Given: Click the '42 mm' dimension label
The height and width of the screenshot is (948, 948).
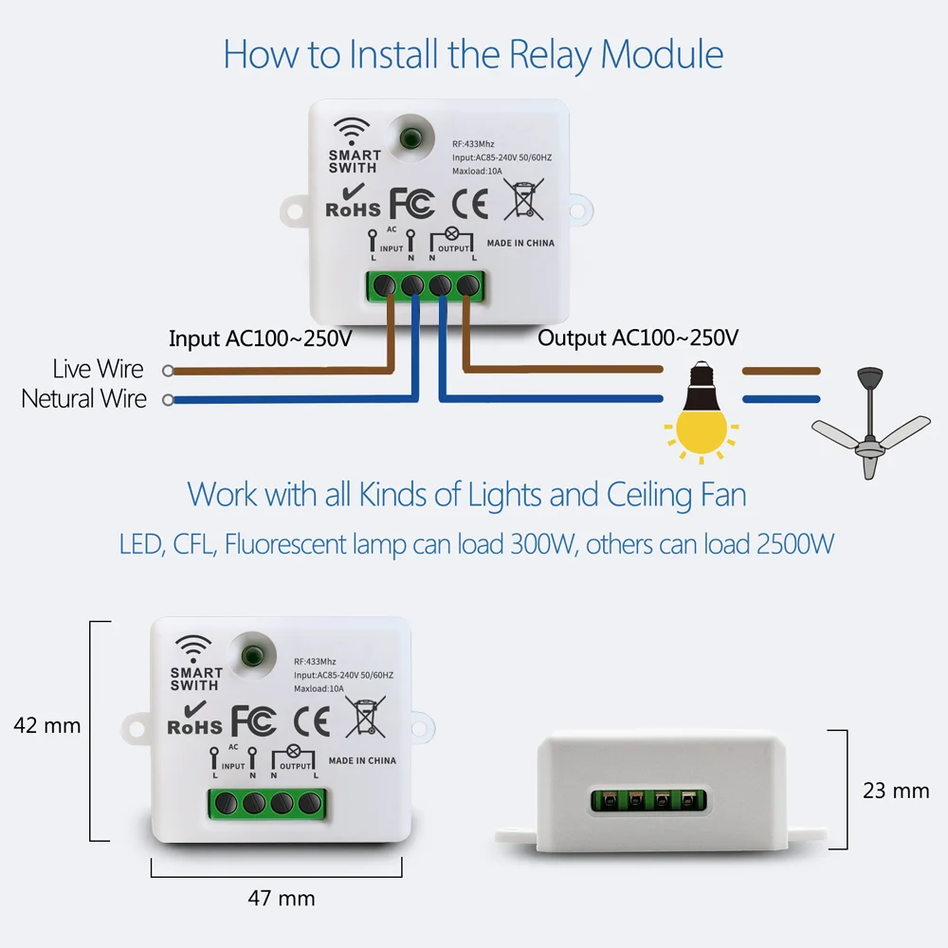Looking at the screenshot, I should [47, 726].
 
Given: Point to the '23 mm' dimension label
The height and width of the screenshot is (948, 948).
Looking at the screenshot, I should [896, 790].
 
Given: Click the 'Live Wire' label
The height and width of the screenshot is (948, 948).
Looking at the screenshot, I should [98, 369].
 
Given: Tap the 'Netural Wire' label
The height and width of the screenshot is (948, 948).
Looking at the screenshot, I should [83, 398].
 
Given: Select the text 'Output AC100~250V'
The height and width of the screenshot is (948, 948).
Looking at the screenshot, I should [638, 338].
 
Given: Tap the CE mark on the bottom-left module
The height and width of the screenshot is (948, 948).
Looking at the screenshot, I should [310, 721].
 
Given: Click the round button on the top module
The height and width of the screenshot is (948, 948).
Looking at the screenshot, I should [410, 137].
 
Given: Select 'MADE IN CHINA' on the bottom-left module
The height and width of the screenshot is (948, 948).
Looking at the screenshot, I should [362, 760].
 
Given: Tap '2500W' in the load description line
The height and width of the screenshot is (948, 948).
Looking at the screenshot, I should [795, 544].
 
